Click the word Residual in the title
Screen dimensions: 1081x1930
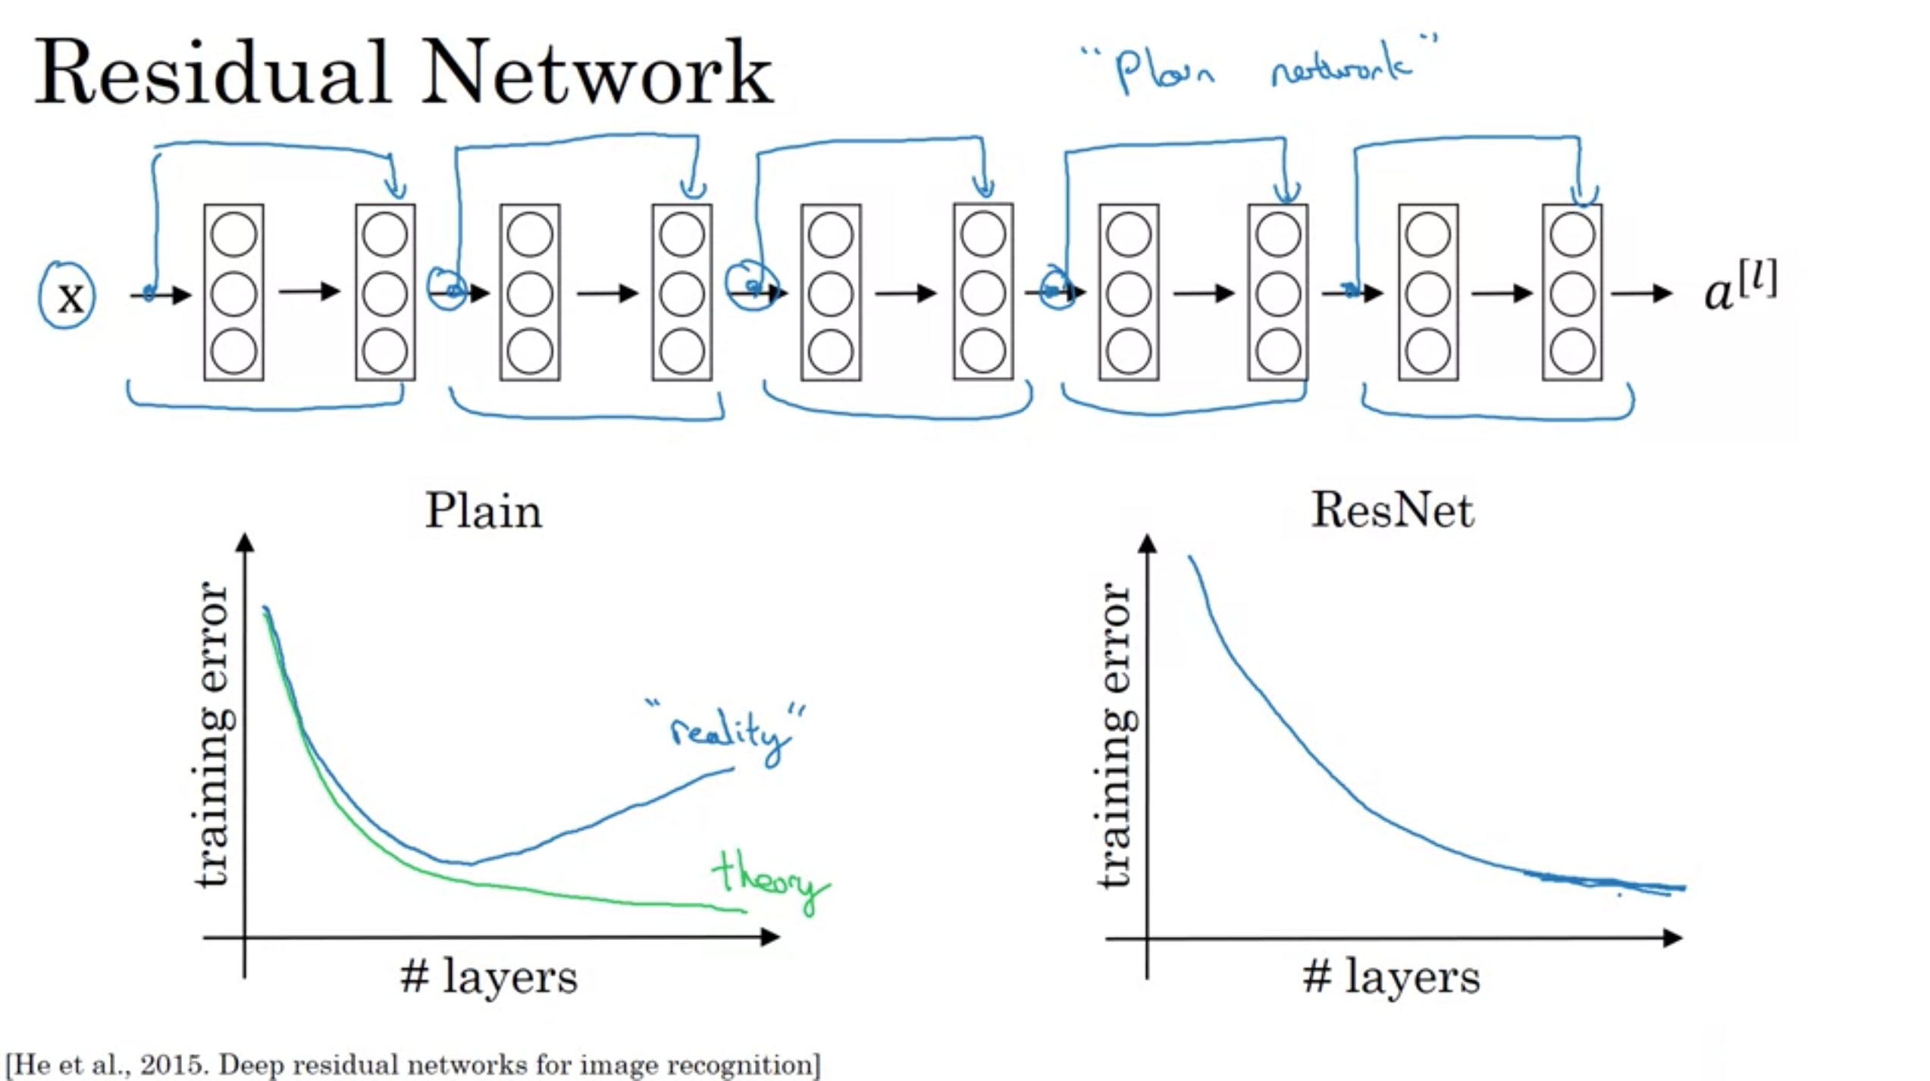coord(212,73)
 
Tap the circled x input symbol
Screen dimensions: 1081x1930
coord(68,296)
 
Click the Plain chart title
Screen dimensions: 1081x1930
coord(484,510)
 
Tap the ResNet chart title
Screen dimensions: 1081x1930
coord(1393,510)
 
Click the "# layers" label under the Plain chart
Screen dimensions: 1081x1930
coord(489,976)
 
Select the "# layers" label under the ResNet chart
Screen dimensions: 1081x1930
coord(1392,976)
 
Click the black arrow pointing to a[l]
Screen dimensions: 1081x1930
coord(1641,293)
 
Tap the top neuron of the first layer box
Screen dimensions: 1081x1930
coord(233,233)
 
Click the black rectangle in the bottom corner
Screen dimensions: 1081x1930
coord(1827,1049)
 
